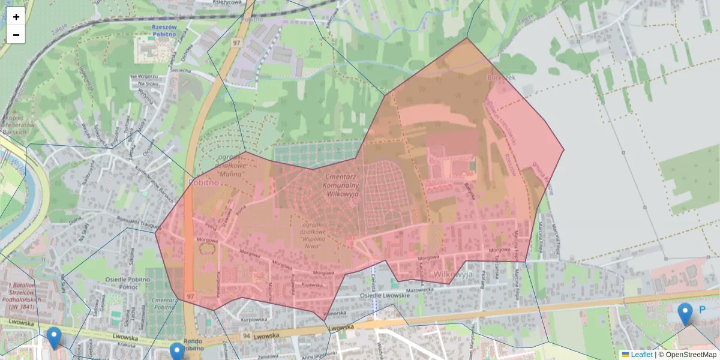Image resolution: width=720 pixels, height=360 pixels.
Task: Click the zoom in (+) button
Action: [x=16, y=17]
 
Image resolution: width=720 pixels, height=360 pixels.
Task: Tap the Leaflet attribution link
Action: [x=641, y=355]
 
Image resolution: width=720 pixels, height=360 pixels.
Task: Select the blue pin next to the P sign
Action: [x=685, y=314]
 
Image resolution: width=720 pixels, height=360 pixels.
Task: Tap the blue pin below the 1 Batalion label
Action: [x=54, y=338]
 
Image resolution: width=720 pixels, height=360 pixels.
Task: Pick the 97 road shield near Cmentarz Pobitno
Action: [x=190, y=296]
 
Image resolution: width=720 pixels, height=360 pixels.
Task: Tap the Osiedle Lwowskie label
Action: [x=384, y=296]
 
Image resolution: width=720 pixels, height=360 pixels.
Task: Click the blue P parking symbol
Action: [x=702, y=310]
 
